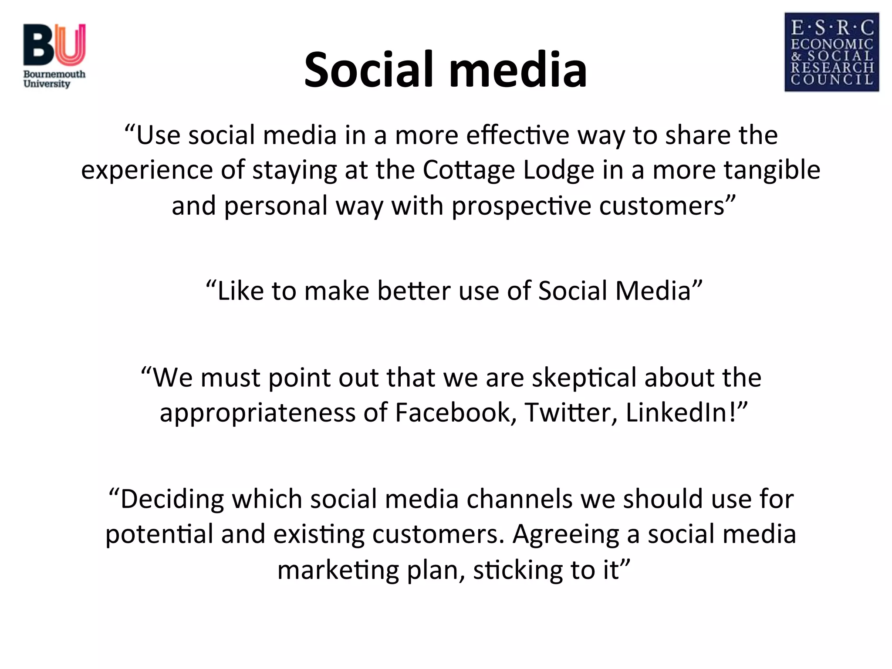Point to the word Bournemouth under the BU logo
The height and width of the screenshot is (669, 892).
pos(54,74)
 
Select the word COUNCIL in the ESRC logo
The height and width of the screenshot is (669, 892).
pos(832,80)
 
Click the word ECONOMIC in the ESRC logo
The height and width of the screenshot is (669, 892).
pos(832,44)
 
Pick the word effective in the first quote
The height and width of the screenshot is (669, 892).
pos(517,135)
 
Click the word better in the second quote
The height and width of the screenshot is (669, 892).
pos(413,291)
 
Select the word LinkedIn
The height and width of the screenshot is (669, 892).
pos(678,412)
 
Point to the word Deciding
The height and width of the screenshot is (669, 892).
pos(172,500)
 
